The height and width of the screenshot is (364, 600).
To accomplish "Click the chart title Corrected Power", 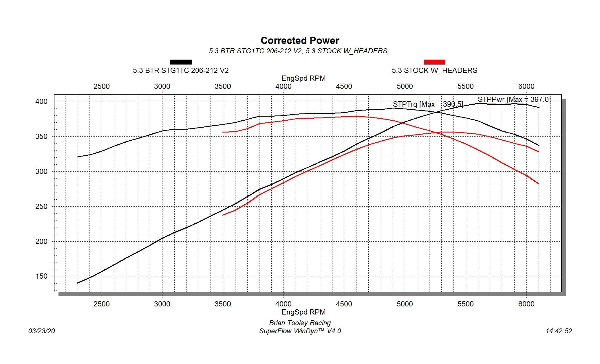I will pyautogui.click(x=300, y=41).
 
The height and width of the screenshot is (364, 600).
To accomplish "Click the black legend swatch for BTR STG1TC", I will pyautogui.click(x=181, y=62).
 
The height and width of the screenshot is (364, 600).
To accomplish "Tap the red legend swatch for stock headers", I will pyautogui.click(x=434, y=62).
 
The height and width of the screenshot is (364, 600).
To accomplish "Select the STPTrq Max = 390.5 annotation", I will pyautogui.click(x=428, y=104).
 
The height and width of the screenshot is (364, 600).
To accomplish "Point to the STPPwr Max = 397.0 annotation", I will pyautogui.click(x=514, y=100).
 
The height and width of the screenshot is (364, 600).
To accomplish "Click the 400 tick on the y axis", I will pyautogui.click(x=41, y=102).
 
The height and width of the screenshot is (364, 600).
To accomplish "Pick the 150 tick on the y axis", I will pyautogui.click(x=41, y=276).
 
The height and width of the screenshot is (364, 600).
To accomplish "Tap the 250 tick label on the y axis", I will pyautogui.click(x=41, y=207).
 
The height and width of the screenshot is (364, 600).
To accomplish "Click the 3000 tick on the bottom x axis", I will pyautogui.click(x=162, y=304).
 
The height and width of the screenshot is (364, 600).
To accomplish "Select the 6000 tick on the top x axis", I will pyautogui.click(x=526, y=87).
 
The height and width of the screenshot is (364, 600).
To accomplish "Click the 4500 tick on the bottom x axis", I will pyautogui.click(x=344, y=304).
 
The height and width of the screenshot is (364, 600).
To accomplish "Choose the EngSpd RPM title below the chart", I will pyautogui.click(x=303, y=312).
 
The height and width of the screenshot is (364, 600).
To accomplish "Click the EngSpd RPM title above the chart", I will pyautogui.click(x=303, y=78).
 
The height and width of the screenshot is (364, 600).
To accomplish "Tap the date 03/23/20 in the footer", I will pyautogui.click(x=42, y=331).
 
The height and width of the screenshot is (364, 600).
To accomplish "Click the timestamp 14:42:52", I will pyautogui.click(x=559, y=331).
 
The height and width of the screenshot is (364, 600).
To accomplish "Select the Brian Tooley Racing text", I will pyautogui.click(x=300, y=323).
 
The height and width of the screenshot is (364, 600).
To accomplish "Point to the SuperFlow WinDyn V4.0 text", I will pyautogui.click(x=300, y=331).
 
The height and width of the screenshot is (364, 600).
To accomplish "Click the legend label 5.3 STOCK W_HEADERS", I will pyautogui.click(x=434, y=71).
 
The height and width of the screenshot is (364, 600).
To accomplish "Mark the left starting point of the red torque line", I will pyautogui.click(x=223, y=132).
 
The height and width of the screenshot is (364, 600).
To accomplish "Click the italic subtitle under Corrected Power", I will pyautogui.click(x=299, y=51).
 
